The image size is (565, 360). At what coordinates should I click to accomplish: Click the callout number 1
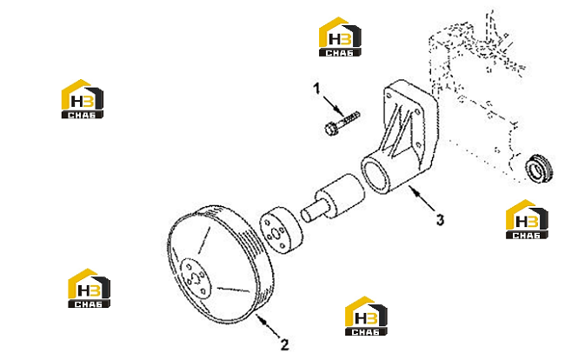pos(316,89)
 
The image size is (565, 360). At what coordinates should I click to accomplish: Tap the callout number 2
pos(284,344)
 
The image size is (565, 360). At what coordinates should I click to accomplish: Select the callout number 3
pos(440,219)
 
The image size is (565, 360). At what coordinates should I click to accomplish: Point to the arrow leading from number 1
pos(333,106)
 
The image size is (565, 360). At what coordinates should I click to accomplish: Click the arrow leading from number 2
pos(268,325)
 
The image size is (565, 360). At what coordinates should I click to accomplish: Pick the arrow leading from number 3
pos(422,198)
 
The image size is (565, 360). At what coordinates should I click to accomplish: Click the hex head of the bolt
pos(330,129)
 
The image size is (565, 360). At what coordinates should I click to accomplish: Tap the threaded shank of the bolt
pos(348,118)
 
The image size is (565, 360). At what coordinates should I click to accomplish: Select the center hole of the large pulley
pos(196,278)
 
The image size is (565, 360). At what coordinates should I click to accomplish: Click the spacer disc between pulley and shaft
pos(282,230)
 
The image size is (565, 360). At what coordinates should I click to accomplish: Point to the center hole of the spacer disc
pos(276,234)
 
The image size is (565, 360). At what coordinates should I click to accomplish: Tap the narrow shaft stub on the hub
pos(310,213)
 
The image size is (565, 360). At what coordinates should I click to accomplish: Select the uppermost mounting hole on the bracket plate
pos(389,96)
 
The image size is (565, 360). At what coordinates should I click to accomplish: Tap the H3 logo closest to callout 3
pos(527,219)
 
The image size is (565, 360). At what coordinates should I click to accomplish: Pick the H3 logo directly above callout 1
pos(340,37)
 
